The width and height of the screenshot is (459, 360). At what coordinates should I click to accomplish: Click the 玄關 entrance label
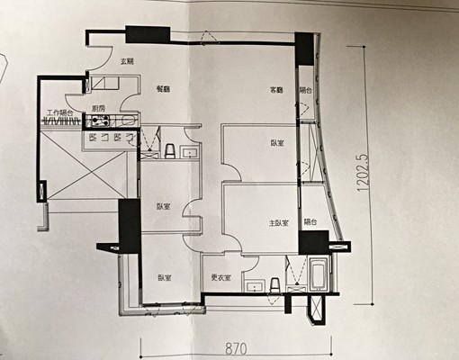(127, 60)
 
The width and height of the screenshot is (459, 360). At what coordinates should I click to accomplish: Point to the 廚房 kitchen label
(98, 108)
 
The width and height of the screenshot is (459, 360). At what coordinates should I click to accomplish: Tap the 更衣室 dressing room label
(220, 278)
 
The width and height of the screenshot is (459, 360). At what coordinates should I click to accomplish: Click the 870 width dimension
(238, 346)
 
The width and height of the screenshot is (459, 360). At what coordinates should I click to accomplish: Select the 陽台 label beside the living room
(306, 90)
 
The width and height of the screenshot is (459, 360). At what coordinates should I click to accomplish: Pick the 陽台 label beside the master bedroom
(310, 221)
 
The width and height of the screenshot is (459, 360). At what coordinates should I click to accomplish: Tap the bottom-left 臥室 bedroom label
(163, 278)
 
